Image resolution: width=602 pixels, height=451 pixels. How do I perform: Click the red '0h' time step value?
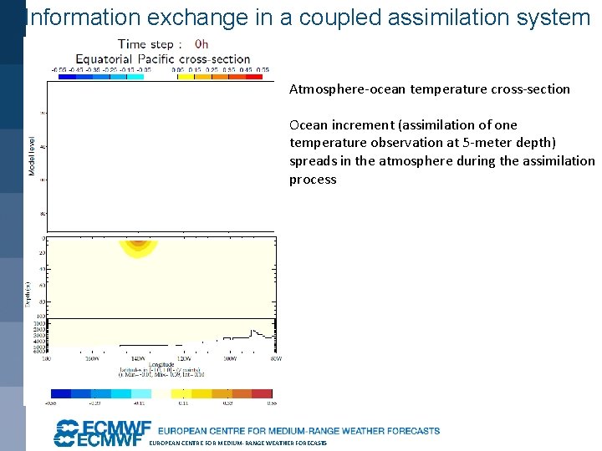tap(202, 44)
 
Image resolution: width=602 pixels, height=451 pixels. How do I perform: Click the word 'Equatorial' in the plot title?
tap(104, 59)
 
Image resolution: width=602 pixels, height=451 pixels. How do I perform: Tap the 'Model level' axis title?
tap(33, 156)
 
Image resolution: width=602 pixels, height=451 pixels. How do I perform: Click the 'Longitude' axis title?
tap(161, 364)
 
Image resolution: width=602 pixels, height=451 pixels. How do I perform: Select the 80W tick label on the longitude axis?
tap(276, 359)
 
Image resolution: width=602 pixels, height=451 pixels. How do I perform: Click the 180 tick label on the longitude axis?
tap(47, 359)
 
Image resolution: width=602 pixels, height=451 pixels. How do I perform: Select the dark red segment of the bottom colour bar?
tap(262, 393)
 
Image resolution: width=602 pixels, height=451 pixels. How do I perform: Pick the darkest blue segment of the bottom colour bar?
tap(61, 393)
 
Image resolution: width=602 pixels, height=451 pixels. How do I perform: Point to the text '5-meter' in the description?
tap(486, 143)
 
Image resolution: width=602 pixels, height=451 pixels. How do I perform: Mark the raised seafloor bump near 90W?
tap(257, 332)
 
